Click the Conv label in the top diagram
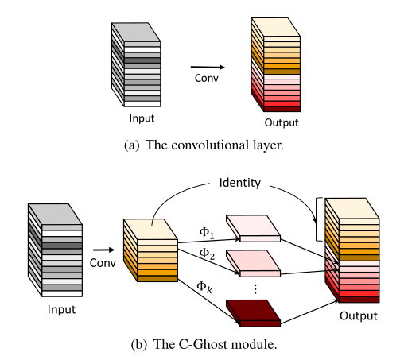pos(207,78)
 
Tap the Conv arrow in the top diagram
pos(208,67)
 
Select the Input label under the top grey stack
pos(142,118)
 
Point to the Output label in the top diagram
pos(282,122)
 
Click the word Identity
pos(240,183)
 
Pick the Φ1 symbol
pos(207,233)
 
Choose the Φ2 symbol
pos(207,254)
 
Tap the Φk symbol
pos(204,287)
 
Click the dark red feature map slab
pos(253,313)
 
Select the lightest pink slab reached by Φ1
pos(253,228)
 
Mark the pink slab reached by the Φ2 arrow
pos(253,263)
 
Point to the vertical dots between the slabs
pos(255,289)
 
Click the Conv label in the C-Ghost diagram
pos(103,263)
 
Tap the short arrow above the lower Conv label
pos(104,250)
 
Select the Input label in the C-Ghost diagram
pos(61,310)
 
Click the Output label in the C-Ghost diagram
pos(359,315)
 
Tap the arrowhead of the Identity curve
pos(315,221)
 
